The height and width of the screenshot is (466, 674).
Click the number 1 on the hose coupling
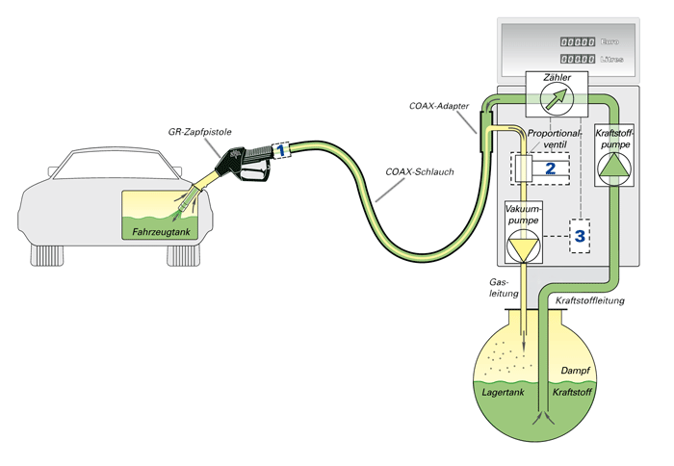point(280,151)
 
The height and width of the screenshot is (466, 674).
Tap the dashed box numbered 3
point(580,234)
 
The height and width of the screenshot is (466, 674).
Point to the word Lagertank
point(505,394)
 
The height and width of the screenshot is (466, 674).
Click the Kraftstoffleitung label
point(591,301)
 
